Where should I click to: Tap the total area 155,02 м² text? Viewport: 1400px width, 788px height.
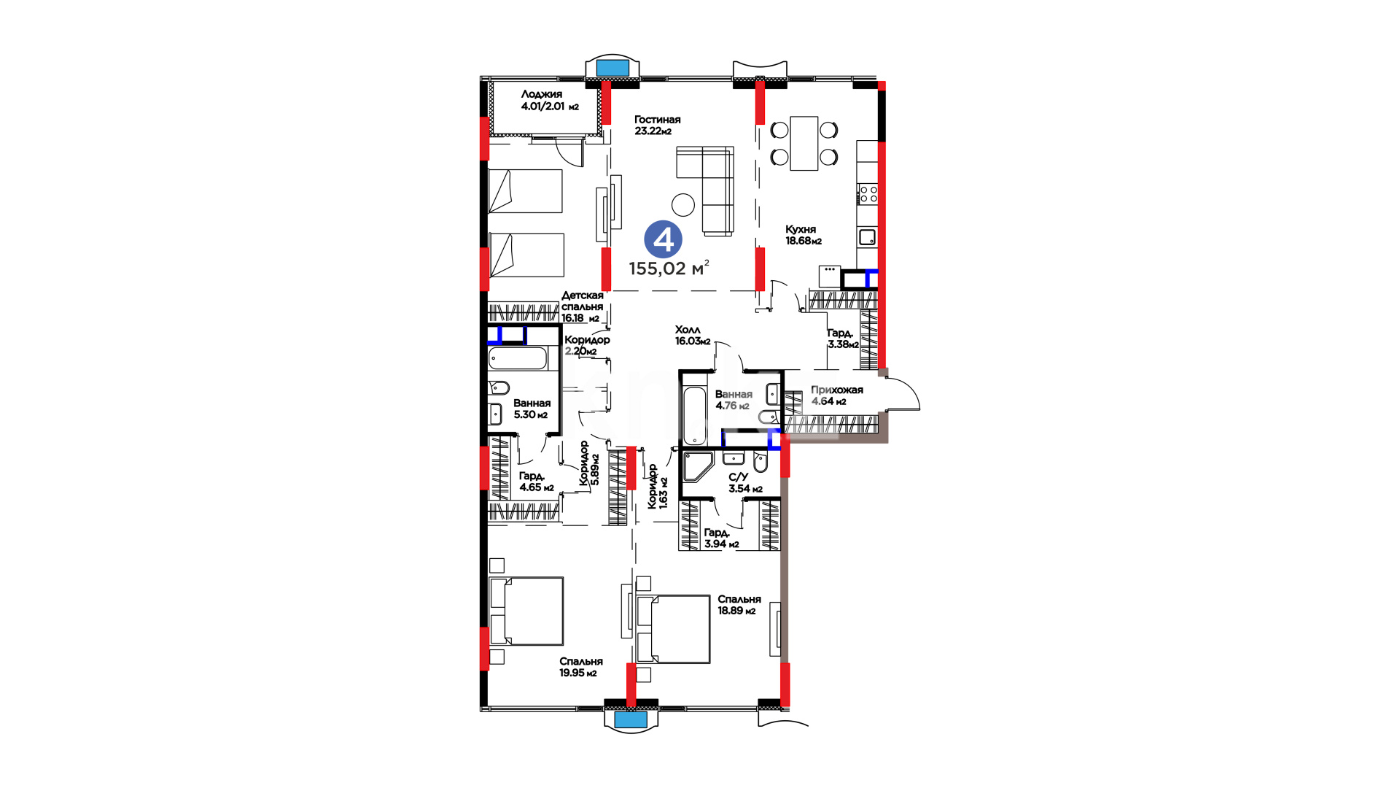point(669,268)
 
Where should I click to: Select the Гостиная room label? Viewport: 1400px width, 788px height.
point(657,125)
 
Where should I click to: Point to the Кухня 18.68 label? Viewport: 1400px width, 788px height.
point(803,235)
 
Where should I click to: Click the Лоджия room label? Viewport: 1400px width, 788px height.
point(549,100)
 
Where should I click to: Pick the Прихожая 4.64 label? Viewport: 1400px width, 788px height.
point(836,395)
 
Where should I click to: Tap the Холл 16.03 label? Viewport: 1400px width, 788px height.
point(692,335)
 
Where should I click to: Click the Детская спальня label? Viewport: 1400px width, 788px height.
point(582,306)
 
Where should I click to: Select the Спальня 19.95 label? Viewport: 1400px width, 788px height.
point(580,667)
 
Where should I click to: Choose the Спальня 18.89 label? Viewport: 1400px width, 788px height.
point(739,605)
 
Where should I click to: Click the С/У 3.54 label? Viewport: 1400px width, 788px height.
point(745,483)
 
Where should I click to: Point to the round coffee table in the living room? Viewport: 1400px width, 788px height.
point(683,204)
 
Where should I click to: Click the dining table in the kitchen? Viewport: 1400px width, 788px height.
point(804,143)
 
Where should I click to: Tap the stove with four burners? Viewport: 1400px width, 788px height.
point(868,193)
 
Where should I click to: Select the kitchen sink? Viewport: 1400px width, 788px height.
point(867,237)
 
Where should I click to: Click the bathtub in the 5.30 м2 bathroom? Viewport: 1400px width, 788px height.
point(518,359)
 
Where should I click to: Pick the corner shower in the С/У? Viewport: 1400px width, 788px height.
point(697,467)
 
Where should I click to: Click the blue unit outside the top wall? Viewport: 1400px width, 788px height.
point(612,68)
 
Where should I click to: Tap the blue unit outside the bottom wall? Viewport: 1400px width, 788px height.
point(631,719)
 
